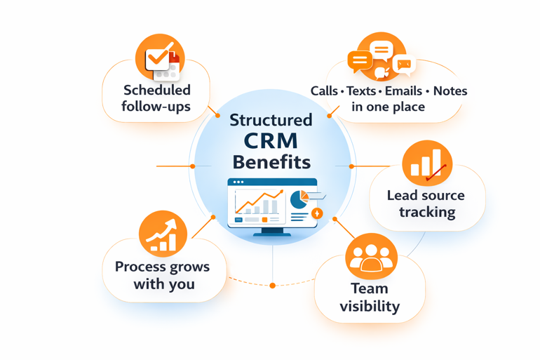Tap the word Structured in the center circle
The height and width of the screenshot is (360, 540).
(x=271, y=119)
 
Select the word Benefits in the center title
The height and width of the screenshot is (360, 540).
(x=271, y=162)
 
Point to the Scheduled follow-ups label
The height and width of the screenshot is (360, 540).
(x=156, y=98)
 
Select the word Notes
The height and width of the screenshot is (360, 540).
(x=450, y=91)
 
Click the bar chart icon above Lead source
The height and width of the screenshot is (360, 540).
(x=427, y=164)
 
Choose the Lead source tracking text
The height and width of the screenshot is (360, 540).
(x=426, y=204)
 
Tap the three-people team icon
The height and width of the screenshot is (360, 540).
(x=372, y=257)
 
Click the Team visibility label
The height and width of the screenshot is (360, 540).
(x=370, y=297)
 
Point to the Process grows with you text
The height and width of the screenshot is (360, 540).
(x=162, y=275)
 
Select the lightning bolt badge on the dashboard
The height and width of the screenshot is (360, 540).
(x=317, y=213)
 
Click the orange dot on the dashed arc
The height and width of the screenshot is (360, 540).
(x=273, y=286)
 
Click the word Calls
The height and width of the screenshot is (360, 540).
(x=324, y=91)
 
